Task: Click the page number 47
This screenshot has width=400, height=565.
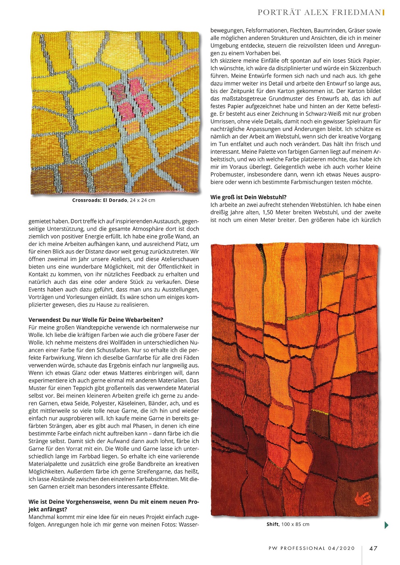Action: coord(373,548)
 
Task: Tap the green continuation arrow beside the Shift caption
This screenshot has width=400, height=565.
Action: coord(386,525)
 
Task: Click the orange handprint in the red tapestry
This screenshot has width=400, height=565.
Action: coord(363,500)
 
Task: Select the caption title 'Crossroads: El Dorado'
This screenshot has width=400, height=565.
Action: coord(100,200)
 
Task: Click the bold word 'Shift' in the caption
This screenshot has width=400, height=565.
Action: coord(272,524)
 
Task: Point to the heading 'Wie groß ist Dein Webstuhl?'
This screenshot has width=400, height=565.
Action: coord(249,197)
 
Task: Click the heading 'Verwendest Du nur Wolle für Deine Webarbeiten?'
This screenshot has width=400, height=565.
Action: coord(96,320)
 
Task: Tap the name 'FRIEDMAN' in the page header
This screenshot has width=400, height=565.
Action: coord(356,12)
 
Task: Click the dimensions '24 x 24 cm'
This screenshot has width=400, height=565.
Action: coord(143,200)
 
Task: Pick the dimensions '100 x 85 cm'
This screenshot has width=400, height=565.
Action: coord(295,524)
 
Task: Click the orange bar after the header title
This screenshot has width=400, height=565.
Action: coord(383,12)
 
